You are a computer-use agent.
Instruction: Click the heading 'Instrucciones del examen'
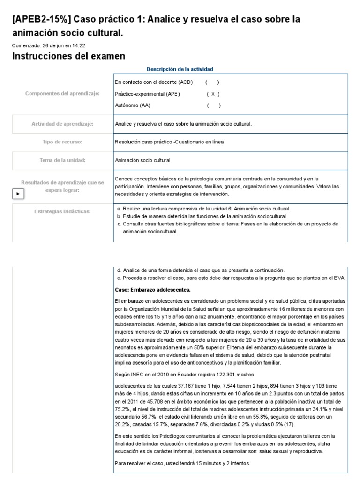[x=68, y=56]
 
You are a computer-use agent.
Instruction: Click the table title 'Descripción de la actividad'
[x=180, y=69]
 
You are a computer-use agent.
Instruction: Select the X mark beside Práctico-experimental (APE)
[x=213, y=94]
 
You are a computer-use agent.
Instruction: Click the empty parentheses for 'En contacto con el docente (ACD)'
[x=212, y=82]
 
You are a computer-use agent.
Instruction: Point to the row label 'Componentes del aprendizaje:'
[x=62, y=94]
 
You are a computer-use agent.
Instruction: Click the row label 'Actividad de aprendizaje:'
[x=62, y=124]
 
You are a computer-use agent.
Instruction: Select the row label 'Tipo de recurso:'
[x=62, y=142]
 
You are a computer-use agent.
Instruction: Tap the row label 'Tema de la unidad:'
[x=62, y=160]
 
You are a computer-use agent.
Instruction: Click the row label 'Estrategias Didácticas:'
[x=62, y=211]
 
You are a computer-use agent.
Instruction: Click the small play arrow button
[x=18, y=194]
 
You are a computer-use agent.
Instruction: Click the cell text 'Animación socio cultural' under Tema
[x=142, y=160]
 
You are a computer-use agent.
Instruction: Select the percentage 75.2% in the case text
[x=121, y=409]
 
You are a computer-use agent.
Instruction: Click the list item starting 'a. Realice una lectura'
[x=204, y=208]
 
